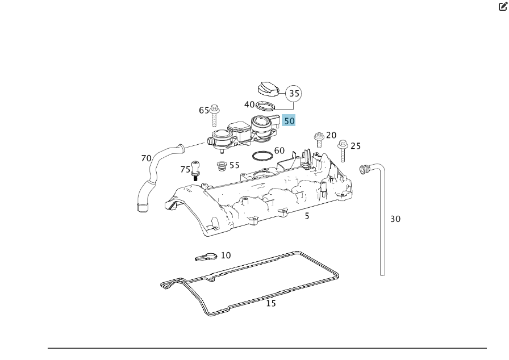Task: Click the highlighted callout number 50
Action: click(x=289, y=120)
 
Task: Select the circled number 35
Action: click(x=293, y=93)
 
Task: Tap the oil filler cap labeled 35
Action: click(x=267, y=90)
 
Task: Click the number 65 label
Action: click(x=204, y=110)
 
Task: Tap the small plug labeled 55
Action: click(x=222, y=166)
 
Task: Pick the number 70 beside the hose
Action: click(x=146, y=158)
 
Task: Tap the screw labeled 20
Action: click(x=319, y=139)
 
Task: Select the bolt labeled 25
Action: click(x=343, y=151)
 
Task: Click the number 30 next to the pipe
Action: click(x=395, y=219)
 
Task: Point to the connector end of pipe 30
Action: click(x=364, y=168)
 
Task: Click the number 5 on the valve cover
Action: click(x=307, y=216)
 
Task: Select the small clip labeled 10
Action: click(x=205, y=257)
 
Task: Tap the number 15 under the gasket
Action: click(x=271, y=303)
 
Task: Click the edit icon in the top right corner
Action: click(x=502, y=6)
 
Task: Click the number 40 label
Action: click(x=249, y=104)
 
